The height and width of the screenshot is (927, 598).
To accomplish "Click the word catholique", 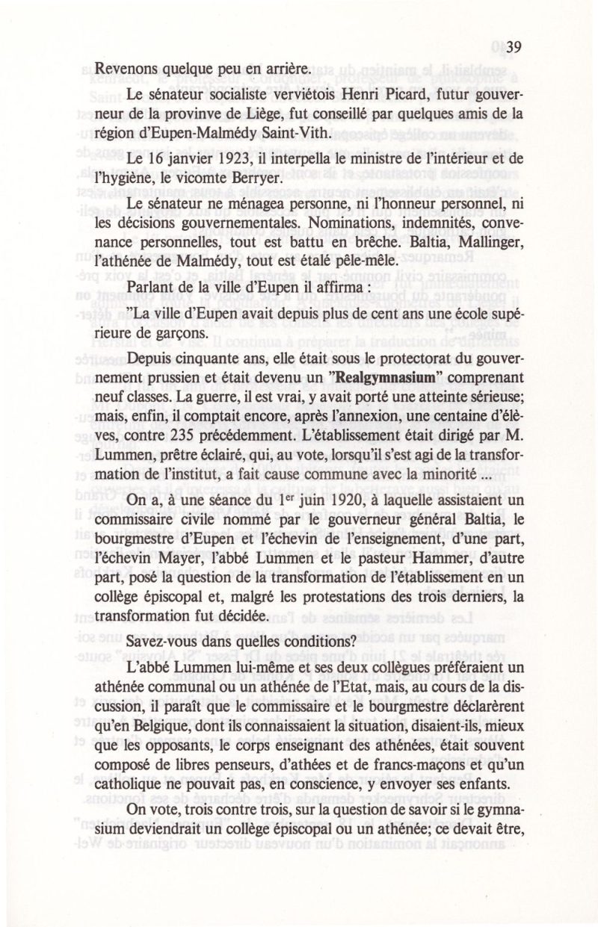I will pyautogui.click(x=123, y=804).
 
